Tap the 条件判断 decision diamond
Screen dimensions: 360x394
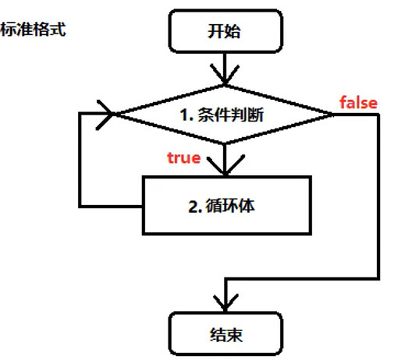tap(225, 115)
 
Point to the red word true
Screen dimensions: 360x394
tap(184, 158)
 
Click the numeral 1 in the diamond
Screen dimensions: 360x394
tap(183, 115)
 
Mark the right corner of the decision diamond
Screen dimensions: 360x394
tap(333, 115)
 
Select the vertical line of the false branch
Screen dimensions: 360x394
tap(379, 195)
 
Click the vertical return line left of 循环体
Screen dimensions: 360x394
tap(80, 160)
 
